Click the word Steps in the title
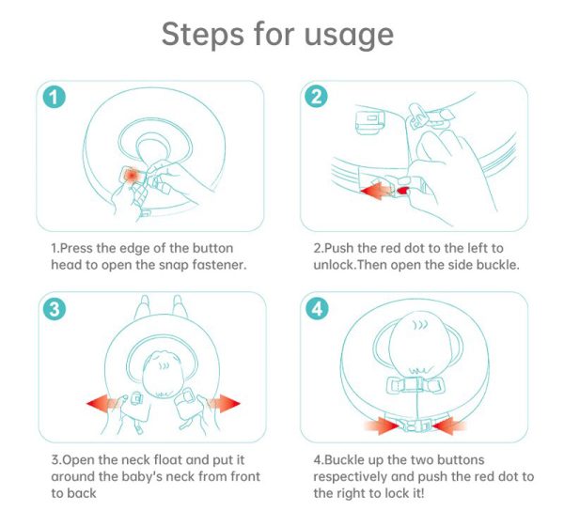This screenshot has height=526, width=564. coord(202,34)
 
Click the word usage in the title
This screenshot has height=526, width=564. coord(349,37)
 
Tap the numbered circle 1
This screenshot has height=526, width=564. coord(55,97)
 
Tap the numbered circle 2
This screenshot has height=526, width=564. coord(316,97)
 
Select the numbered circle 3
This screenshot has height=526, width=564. coord(55,308)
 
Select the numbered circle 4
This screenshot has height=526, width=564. coord(317,308)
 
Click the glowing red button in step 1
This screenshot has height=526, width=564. coord(132,176)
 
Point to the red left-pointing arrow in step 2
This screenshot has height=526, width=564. coord(376,190)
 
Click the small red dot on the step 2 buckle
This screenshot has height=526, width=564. coord(403,190)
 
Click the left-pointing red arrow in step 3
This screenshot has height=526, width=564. coord(102,403)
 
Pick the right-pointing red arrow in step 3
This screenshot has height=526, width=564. coord(224,403)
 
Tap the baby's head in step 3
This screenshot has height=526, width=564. coord(164,375)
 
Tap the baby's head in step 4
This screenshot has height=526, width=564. coord(417,345)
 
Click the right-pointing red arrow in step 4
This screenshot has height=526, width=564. coord(382,426)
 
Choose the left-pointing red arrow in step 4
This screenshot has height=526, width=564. coord(449,426)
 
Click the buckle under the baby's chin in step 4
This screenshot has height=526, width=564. coord(415,385)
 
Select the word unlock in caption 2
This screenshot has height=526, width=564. coord(334,265)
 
